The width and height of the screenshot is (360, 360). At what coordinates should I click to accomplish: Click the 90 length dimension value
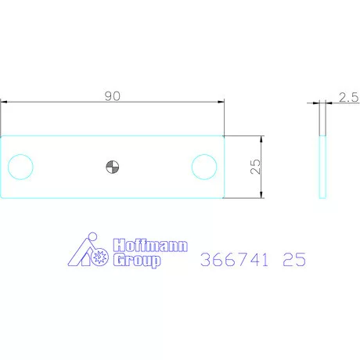pyautogui.click(x=112, y=95)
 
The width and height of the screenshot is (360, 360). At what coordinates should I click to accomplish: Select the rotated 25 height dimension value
pyautogui.click(x=255, y=166)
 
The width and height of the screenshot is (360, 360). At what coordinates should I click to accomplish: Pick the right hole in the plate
pyautogui.click(x=204, y=166)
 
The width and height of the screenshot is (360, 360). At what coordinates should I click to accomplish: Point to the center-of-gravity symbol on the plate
pyautogui.click(x=112, y=166)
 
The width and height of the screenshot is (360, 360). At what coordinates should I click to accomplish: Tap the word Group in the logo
pyautogui.click(x=137, y=261)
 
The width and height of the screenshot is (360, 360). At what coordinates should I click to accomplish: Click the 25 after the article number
pyautogui.click(x=294, y=259)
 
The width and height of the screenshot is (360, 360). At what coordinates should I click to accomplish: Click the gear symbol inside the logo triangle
pyautogui.click(x=99, y=257)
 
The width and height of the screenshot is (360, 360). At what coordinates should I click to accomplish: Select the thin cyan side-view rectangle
pyautogui.click(x=322, y=166)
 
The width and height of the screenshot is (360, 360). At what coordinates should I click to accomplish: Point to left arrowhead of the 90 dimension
pyautogui.click(x=4, y=102)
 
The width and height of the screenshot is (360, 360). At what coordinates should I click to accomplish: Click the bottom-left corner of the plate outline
pyautogui.click(x=1, y=197)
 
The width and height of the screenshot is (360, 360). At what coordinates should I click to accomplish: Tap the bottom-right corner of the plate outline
pyautogui.click(x=224, y=197)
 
